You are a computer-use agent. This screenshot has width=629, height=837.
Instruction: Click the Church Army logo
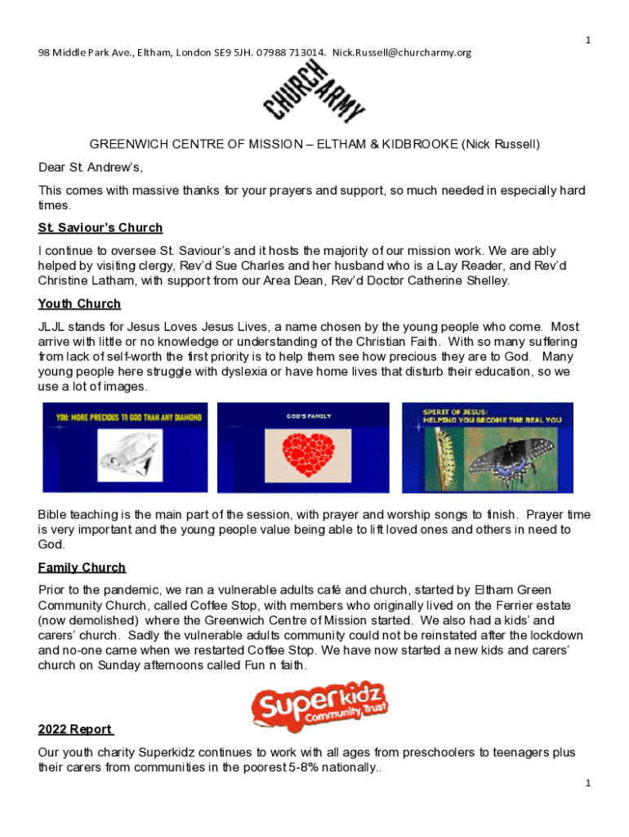(314, 94)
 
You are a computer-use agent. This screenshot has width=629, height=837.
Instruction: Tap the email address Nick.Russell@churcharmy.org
(402, 52)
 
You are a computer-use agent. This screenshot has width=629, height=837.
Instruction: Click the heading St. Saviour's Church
(100, 227)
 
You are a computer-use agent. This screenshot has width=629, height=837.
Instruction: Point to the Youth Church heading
(79, 303)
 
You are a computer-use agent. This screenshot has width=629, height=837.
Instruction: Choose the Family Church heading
(82, 567)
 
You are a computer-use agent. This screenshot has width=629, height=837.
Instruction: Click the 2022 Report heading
(75, 729)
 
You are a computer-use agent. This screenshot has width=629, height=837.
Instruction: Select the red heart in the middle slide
(308, 455)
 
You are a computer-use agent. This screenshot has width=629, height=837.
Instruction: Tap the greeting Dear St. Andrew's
(91, 168)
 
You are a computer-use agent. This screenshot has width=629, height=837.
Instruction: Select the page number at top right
(587, 40)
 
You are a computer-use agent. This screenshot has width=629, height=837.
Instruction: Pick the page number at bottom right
(587, 783)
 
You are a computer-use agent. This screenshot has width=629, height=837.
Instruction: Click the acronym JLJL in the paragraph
(52, 326)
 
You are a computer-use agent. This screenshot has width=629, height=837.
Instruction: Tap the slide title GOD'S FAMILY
(308, 416)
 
